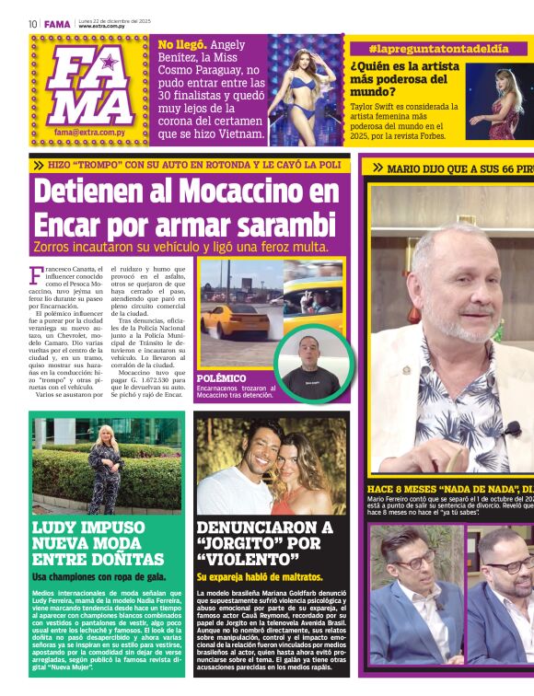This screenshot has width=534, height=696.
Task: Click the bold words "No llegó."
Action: point(181,44)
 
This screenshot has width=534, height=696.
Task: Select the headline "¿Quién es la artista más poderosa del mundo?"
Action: point(403,78)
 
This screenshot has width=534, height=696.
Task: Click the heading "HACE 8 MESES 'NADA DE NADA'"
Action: point(442,489)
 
